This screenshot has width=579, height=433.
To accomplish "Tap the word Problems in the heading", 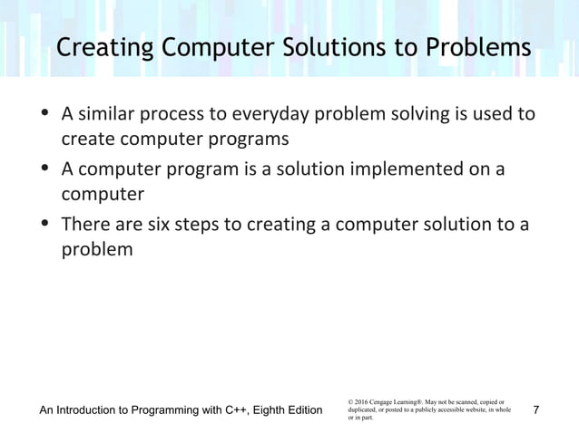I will click(x=479, y=48).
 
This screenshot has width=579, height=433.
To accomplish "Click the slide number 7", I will click(x=536, y=410).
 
